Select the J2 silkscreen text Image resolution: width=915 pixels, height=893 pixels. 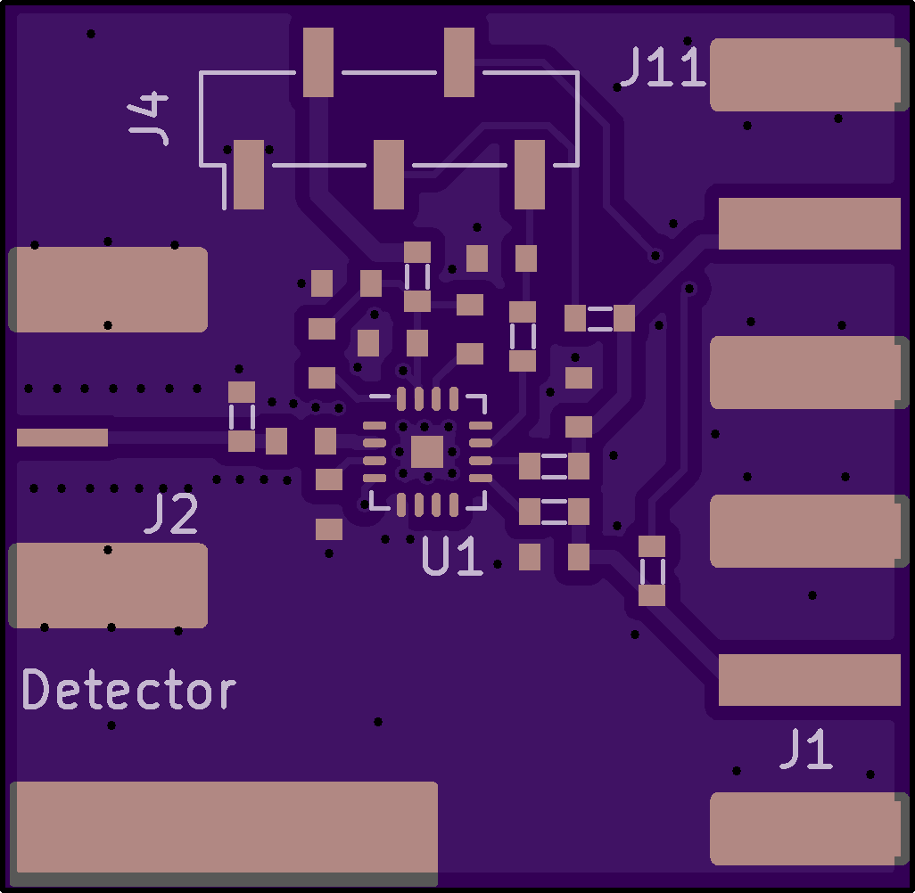[171, 514]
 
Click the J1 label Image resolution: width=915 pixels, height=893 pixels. [806, 750]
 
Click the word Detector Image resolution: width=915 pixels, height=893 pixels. [129, 691]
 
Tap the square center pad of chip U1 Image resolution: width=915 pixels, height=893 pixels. [427, 453]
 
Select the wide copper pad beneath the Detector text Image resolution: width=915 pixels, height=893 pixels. [224, 826]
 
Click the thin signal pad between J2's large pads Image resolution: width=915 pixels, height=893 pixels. [62, 438]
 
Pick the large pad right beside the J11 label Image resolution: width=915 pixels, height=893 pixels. [805, 75]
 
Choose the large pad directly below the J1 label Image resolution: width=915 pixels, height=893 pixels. [805, 829]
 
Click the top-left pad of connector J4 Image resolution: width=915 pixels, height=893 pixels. [318, 61]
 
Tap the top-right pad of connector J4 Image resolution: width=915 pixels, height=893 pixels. [459, 61]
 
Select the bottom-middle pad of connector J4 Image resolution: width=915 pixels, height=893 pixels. [389, 174]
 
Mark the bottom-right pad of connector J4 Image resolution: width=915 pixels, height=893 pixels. [530, 174]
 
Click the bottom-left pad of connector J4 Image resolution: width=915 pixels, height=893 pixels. [249, 174]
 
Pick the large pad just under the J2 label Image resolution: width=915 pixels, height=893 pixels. [108, 586]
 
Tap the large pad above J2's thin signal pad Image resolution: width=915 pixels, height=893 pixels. [108, 290]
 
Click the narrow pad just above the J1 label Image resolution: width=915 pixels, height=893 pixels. [809, 679]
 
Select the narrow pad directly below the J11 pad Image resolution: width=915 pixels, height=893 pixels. [809, 223]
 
